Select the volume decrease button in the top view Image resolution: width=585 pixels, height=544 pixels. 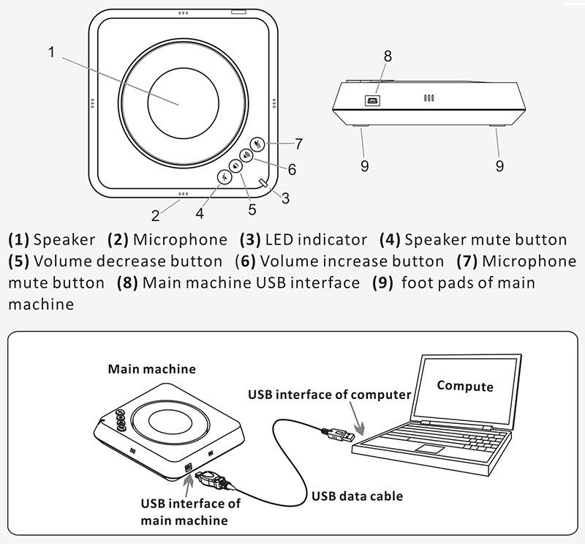(235, 165)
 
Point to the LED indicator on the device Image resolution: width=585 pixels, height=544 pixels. (263, 183)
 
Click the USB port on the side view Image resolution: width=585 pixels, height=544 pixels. (372, 100)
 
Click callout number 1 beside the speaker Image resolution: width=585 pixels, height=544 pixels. (51, 51)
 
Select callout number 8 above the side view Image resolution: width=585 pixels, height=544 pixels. (388, 56)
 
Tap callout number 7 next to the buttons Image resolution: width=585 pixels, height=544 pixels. (298, 144)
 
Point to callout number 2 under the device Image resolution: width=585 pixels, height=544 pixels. (155, 215)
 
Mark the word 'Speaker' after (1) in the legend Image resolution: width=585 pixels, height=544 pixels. (64, 240)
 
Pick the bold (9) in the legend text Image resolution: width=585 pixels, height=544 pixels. (383, 283)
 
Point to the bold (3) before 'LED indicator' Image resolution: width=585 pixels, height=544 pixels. (251, 240)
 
